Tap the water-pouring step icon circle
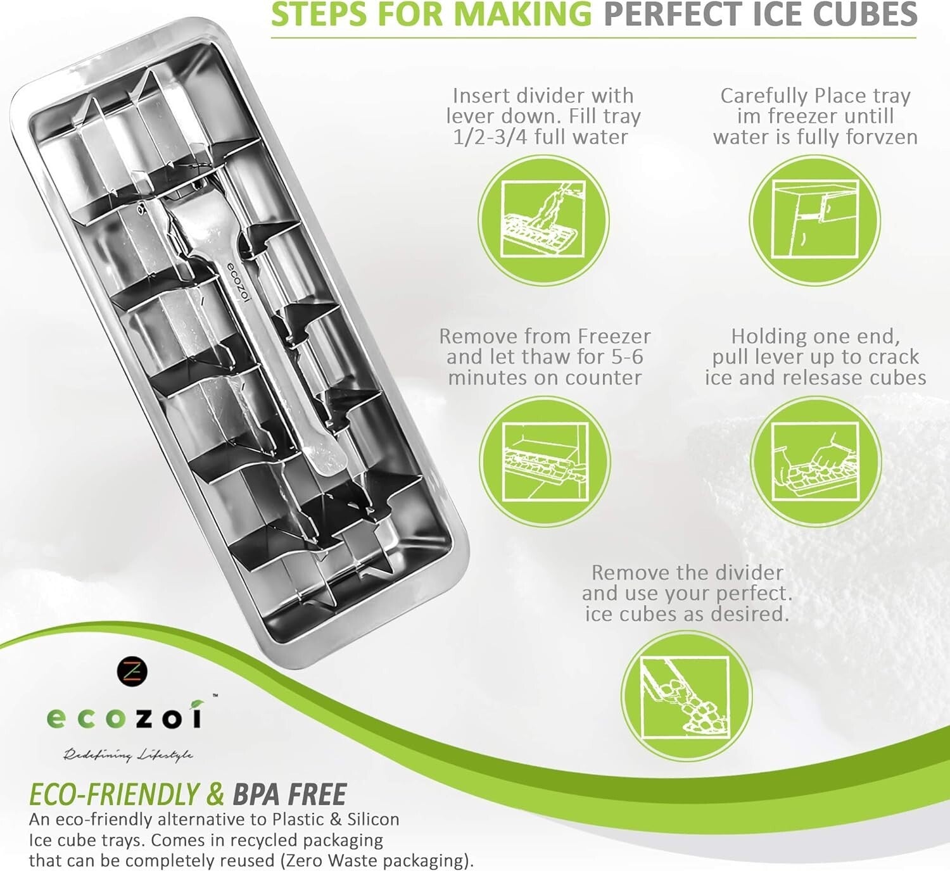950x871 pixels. point(543,220)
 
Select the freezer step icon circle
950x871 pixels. point(815,220)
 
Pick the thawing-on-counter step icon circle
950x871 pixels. point(545,461)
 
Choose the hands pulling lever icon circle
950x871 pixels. point(816,461)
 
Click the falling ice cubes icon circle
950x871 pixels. point(686,696)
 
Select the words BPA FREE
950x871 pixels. point(289,794)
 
